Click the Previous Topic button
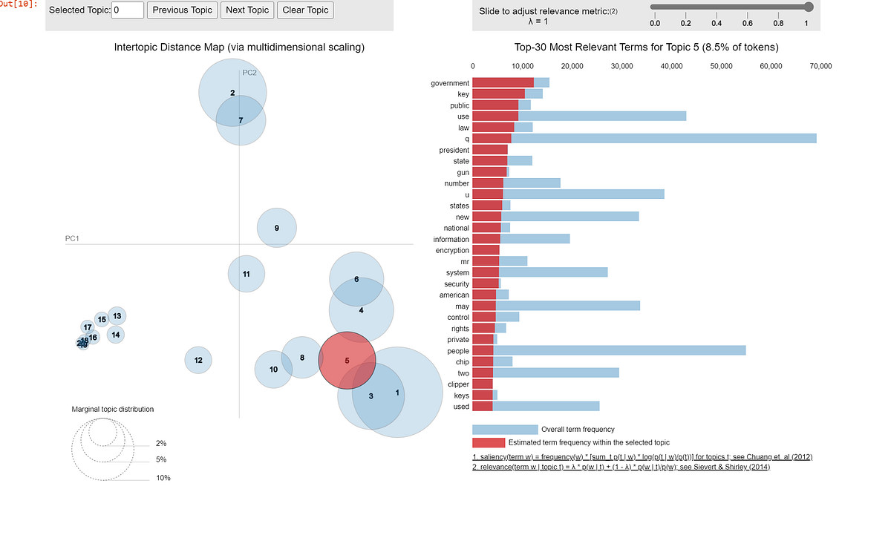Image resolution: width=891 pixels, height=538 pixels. click(182, 10)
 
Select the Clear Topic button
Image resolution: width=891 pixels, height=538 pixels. click(304, 10)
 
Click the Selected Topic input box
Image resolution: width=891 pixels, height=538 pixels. click(128, 10)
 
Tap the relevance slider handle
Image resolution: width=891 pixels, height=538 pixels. click(809, 7)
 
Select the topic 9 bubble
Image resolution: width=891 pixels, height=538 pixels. click(277, 228)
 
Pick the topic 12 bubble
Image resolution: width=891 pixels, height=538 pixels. click(198, 360)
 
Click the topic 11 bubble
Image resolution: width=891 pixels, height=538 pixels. click(246, 274)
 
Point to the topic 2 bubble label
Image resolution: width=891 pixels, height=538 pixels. click(232, 93)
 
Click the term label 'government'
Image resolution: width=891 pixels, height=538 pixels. click(450, 83)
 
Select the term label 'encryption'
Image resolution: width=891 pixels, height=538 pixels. click(451, 250)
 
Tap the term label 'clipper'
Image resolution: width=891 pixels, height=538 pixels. click(458, 384)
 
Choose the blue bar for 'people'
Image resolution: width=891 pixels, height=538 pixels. click(619, 350)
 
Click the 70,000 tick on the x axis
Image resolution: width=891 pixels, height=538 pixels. click(820, 66)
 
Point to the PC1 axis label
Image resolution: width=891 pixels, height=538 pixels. click(72, 238)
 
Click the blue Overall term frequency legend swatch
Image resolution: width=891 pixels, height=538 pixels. click(505, 429)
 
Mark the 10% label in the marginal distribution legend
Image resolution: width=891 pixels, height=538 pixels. click(163, 478)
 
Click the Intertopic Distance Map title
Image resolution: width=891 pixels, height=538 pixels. click(239, 47)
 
